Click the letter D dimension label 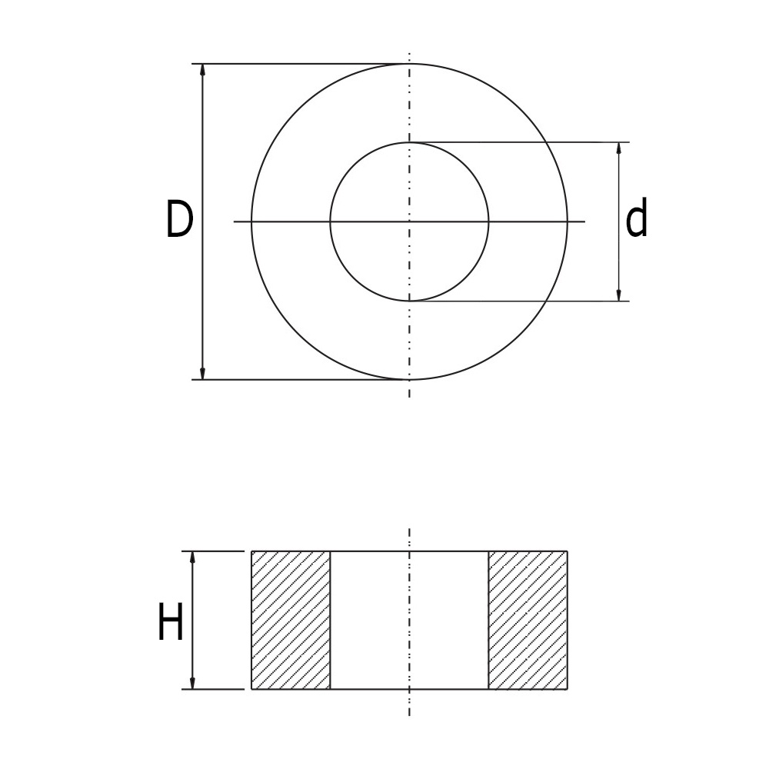(x=178, y=220)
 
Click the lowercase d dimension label (x=637, y=220)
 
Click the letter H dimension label (x=170, y=622)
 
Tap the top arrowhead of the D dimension (x=203, y=70)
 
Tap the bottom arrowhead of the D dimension (x=203, y=374)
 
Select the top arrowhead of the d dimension (x=619, y=148)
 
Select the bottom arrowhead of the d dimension (x=619, y=295)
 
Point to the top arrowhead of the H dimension (x=192, y=558)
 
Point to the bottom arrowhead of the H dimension (x=192, y=683)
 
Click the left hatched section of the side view (x=291, y=620)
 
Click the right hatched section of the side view (x=528, y=620)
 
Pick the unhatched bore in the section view (x=409, y=620)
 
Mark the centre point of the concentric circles (x=409, y=221)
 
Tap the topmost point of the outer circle (x=409, y=64)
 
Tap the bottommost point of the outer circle (x=409, y=380)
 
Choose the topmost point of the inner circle (x=409, y=142)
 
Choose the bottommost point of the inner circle (x=409, y=301)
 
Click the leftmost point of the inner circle (x=330, y=221)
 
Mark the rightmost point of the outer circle (x=568, y=221)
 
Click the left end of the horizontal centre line (x=235, y=221)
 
